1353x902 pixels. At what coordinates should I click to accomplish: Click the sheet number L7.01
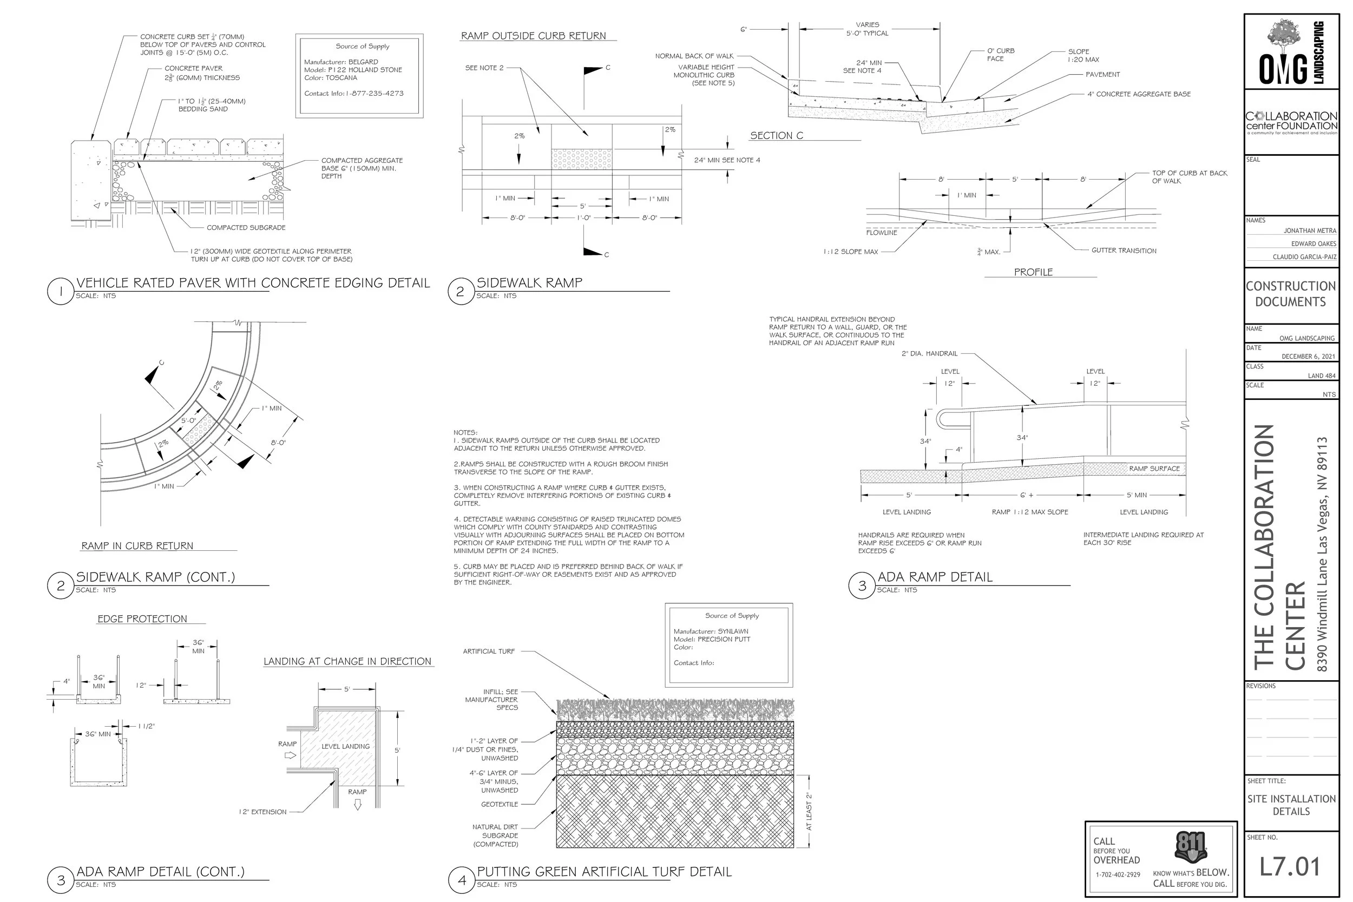pos(1290,867)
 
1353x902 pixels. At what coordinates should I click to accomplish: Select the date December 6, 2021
pos(1308,357)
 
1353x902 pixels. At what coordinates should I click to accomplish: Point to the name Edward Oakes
pos(1313,244)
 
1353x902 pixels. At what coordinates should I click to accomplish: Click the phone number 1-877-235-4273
pos(375,93)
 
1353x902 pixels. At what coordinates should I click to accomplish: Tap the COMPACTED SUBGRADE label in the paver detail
pos(246,228)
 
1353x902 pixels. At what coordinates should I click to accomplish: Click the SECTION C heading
pos(776,136)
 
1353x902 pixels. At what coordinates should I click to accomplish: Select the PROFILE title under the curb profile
pos(1033,272)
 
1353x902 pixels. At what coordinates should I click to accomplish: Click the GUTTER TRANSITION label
pos(1124,251)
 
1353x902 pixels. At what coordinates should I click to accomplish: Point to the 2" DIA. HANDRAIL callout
pos(929,354)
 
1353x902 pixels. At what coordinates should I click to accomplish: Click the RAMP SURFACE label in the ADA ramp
pos(1154,469)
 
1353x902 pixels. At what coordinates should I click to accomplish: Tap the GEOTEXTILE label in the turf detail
pos(500,804)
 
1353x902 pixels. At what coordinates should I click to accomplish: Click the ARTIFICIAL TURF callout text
pos(488,651)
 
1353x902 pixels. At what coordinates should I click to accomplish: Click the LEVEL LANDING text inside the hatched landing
pos(345,747)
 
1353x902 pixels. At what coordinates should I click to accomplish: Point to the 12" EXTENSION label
pos(262,812)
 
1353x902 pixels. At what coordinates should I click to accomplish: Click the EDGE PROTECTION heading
pos(142,619)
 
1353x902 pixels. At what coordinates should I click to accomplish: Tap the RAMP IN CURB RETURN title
pos(137,546)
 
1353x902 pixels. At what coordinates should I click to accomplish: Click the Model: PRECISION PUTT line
pos(712,639)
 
